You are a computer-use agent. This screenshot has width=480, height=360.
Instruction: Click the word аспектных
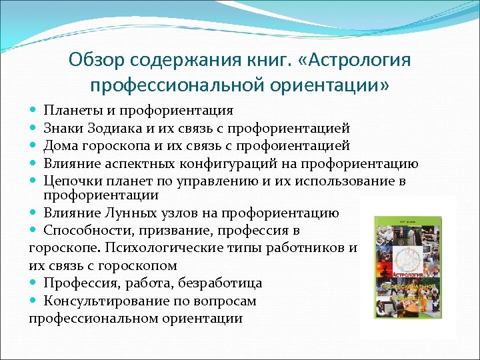(146, 163)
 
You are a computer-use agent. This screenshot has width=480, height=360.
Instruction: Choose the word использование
(343, 181)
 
